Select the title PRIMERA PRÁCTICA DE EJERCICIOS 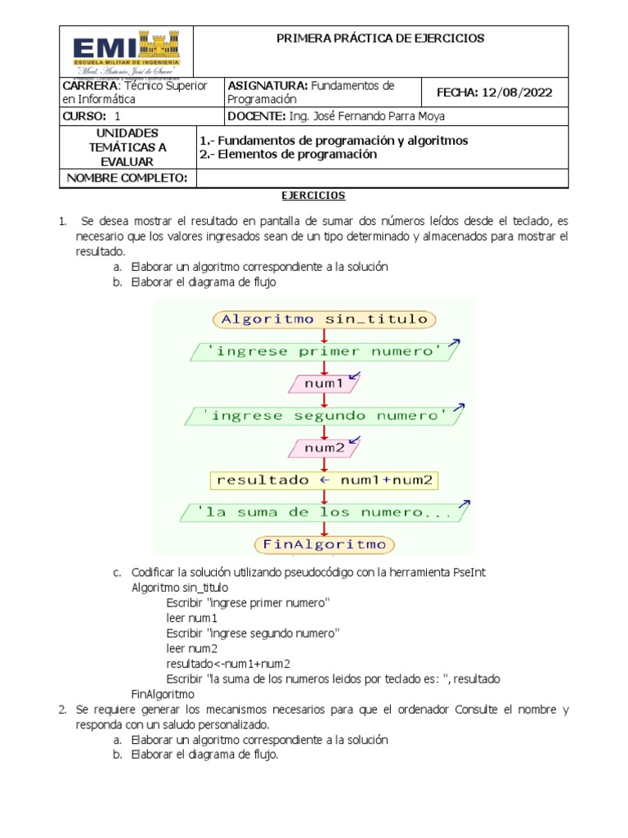click(x=380, y=38)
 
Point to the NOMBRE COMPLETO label click(x=127, y=178)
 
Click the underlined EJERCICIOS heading click(x=313, y=196)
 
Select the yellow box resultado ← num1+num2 click(x=325, y=480)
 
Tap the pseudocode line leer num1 click(x=191, y=618)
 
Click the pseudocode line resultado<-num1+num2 click(x=228, y=664)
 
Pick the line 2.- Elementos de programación click(x=289, y=155)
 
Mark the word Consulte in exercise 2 click(x=477, y=710)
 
